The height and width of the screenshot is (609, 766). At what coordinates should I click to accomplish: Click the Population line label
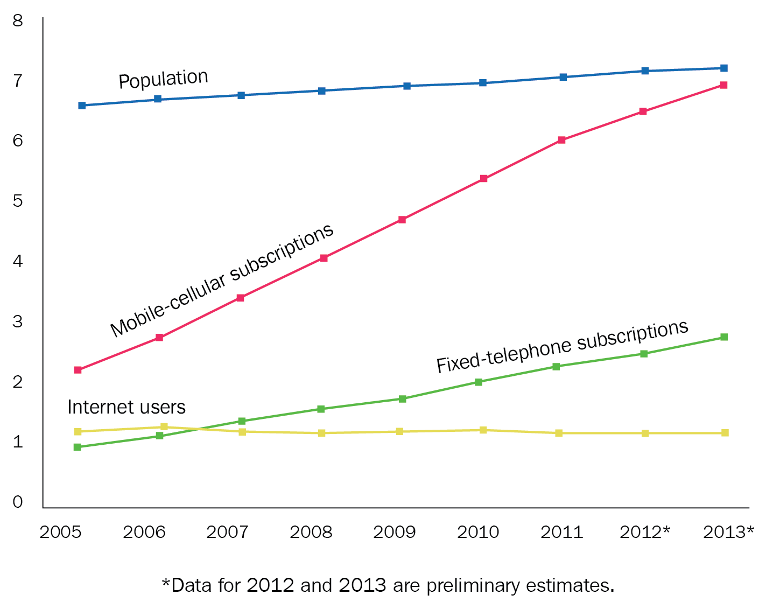click(163, 79)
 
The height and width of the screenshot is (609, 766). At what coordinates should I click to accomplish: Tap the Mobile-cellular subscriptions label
click(222, 280)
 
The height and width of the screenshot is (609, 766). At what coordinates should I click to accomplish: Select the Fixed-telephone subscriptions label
click(562, 346)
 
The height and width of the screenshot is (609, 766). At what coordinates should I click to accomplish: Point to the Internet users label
click(127, 407)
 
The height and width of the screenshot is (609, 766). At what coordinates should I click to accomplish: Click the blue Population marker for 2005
click(82, 106)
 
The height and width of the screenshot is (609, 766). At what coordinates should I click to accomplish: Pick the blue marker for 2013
click(724, 68)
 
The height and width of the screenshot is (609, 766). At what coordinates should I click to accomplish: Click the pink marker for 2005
click(78, 370)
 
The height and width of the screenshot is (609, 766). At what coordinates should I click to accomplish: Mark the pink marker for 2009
click(402, 220)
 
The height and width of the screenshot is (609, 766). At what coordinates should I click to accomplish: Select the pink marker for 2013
click(724, 85)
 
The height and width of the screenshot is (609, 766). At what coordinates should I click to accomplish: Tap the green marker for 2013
click(724, 337)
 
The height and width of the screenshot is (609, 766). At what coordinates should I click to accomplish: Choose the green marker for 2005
click(78, 447)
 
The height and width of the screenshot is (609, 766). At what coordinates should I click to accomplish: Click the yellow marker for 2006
click(164, 427)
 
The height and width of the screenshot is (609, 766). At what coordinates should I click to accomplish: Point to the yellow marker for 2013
click(725, 433)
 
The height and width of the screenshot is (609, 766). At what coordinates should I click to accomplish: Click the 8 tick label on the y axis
click(18, 21)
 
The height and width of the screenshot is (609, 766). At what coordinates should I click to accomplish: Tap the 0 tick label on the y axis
click(18, 502)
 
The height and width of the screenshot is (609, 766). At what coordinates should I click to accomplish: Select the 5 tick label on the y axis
click(18, 201)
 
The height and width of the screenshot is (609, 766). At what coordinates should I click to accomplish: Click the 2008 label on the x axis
click(311, 532)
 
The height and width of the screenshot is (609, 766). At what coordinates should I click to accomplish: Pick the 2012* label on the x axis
click(644, 532)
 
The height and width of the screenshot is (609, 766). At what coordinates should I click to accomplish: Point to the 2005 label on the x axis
click(60, 532)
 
